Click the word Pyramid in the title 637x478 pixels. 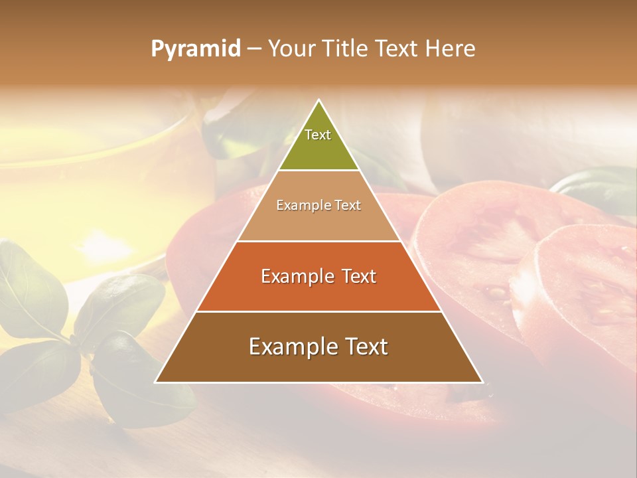[x=195, y=49]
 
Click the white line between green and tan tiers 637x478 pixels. [x=318, y=171]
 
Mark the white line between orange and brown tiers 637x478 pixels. [x=318, y=312]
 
